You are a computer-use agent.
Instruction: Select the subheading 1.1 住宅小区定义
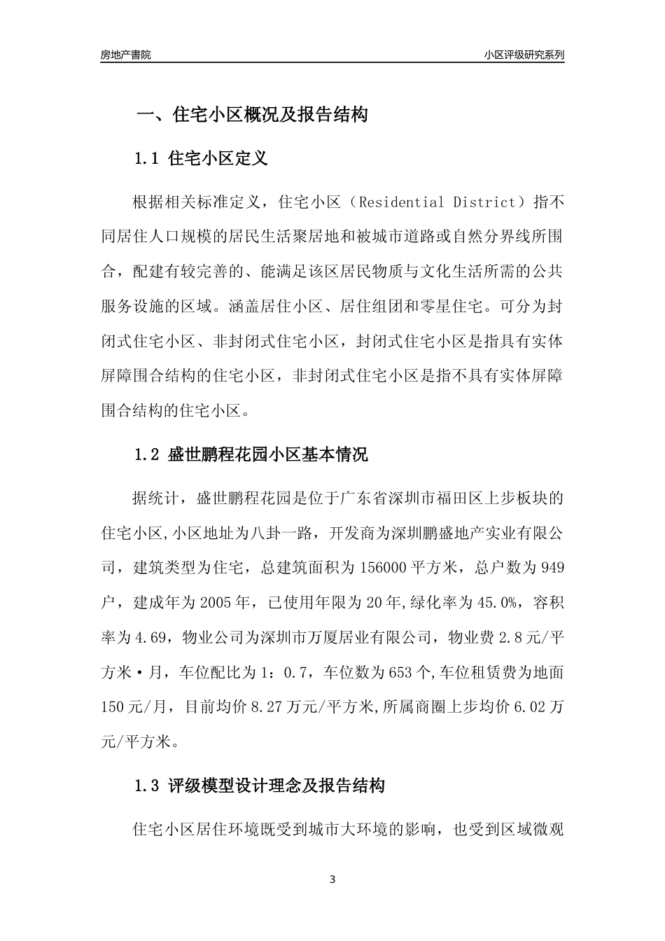pos(201,158)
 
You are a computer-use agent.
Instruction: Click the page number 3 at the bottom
pos(332,879)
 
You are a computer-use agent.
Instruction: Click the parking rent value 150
pos(112,707)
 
